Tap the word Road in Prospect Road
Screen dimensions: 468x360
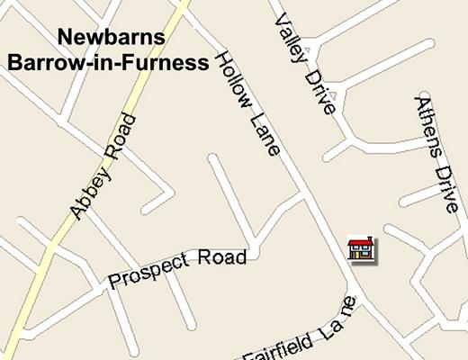pyautogui.click(x=221, y=258)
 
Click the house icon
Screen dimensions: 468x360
pyautogui.click(x=362, y=248)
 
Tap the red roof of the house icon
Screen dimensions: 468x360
pyautogui.click(x=362, y=241)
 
